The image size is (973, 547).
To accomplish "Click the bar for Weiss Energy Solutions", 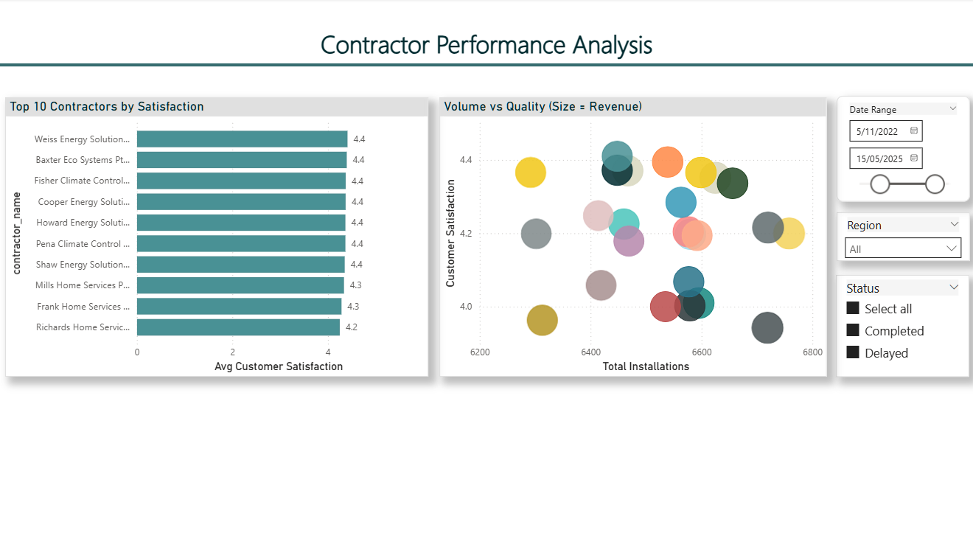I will [242, 139].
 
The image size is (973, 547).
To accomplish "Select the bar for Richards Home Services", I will [238, 327].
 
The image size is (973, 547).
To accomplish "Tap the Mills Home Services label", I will [83, 285].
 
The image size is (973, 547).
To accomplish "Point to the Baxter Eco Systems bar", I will [242, 160].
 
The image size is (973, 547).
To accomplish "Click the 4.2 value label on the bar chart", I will [352, 327].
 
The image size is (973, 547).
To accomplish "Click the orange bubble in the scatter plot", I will [668, 161].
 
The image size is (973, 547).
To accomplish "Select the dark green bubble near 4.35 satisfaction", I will [733, 184].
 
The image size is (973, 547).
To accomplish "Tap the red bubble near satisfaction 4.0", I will [664, 307].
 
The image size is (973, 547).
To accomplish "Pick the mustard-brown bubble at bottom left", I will [542, 320].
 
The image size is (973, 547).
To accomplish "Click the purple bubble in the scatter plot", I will [629, 241].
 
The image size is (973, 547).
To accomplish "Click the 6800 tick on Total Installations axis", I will [812, 352].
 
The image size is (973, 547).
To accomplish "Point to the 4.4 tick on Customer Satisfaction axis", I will [465, 160].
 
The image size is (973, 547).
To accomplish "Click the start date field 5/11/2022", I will [885, 131].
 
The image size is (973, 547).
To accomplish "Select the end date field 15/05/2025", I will [885, 158].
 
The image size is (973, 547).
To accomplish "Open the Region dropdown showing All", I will [902, 249].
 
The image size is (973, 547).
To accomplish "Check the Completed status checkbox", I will [853, 330].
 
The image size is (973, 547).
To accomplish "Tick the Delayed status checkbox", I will [853, 352].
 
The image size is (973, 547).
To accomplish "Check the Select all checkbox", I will [853, 308].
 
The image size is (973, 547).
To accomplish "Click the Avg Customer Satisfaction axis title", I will [279, 366].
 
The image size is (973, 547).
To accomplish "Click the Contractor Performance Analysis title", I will [486, 45].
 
